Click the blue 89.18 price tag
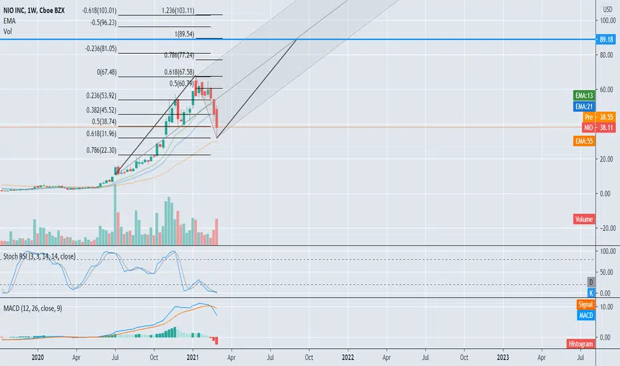coord(605,39)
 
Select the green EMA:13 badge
coord(584,95)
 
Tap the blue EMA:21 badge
coord(584,106)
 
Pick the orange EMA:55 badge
coord(584,141)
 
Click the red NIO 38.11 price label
coord(599,127)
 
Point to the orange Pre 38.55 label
coord(599,116)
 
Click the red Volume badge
coord(584,219)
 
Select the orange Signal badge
coord(585,304)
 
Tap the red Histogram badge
coord(581,344)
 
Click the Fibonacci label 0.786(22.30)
coord(102,150)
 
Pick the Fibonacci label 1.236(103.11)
coord(178,11)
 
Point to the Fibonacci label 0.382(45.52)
coord(102,110)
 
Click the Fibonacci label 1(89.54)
coord(184,35)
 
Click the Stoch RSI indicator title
coord(39,256)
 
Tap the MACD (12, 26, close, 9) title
coord(33,308)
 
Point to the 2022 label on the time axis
coord(348,357)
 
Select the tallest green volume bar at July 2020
coord(116,214)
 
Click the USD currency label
coord(607,9)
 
